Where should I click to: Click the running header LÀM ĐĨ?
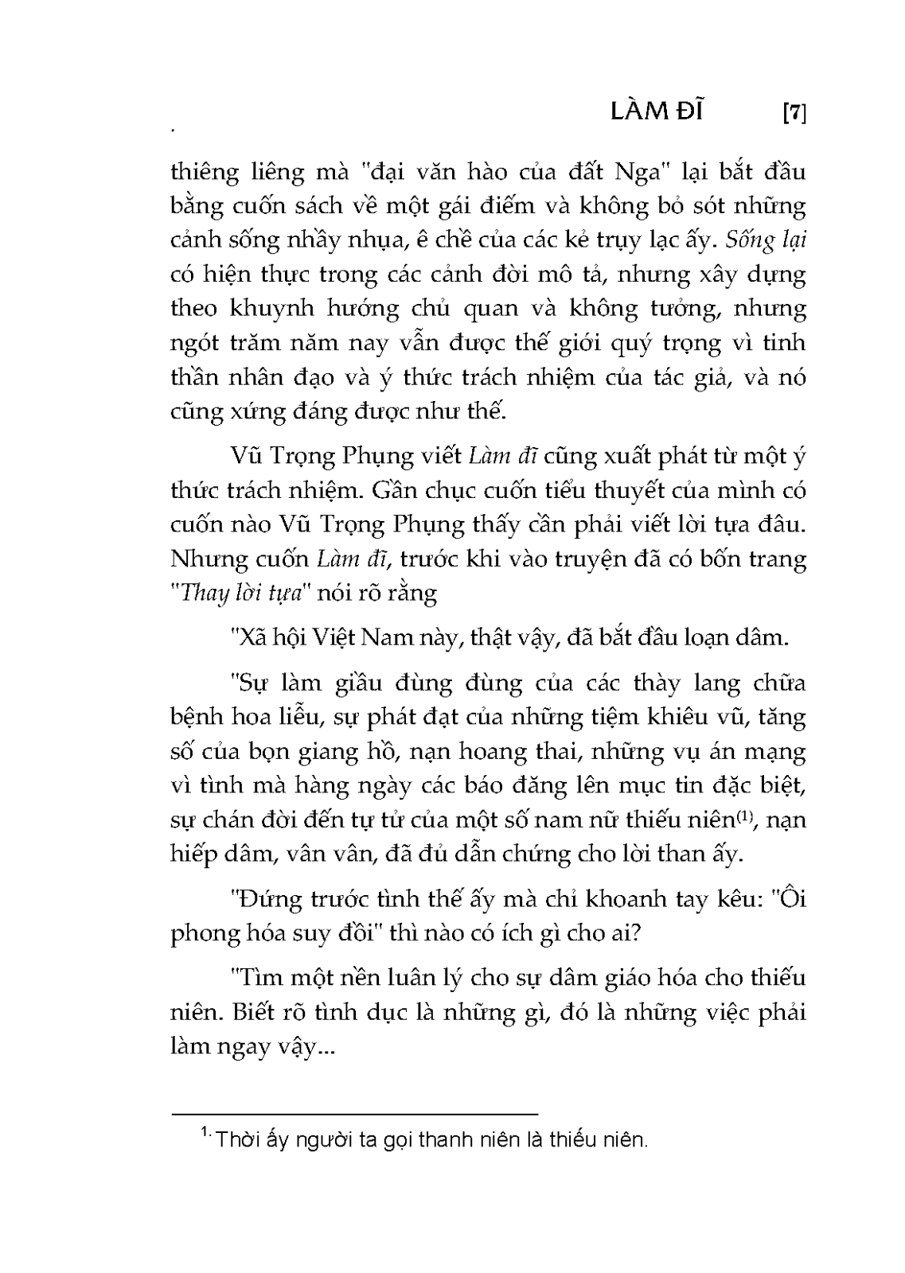(x=657, y=112)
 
